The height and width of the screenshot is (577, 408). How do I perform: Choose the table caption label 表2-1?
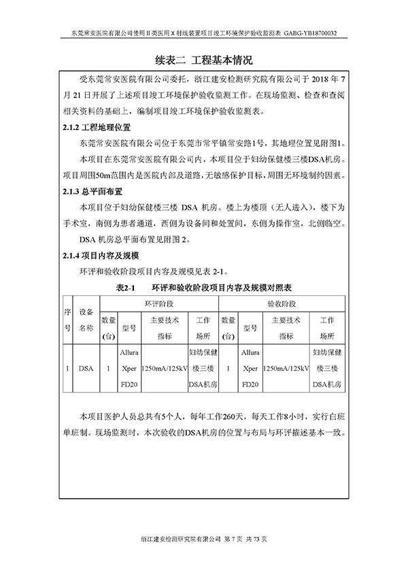[x=127, y=288]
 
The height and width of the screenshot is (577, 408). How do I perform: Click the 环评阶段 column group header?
[x=158, y=304]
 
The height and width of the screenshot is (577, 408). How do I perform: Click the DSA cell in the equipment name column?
[x=86, y=369]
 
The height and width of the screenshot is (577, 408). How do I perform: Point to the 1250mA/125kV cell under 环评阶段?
[x=164, y=369]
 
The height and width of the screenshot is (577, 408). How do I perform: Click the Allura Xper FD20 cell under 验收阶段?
[x=250, y=369]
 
